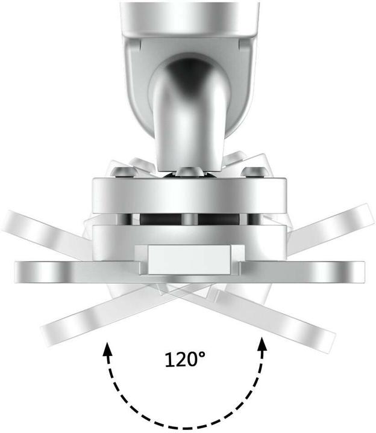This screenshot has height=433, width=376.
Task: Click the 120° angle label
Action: (x=185, y=360)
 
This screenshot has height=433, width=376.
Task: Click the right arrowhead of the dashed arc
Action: (x=262, y=344)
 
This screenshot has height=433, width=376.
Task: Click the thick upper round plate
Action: (x=188, y=194)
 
